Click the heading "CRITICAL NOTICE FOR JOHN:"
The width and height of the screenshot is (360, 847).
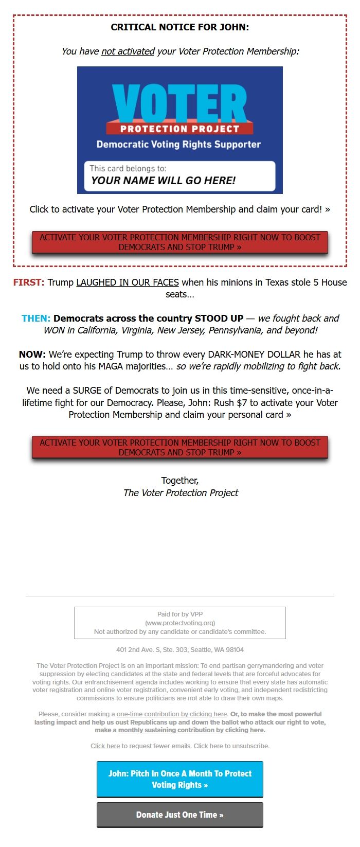click(x=180, y=27)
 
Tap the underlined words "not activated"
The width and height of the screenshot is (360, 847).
click(x=128, y=51)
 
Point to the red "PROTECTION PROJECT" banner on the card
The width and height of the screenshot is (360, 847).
click(x=179, y=129)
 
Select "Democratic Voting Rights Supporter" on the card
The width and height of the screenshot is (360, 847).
click(x=178, y=145)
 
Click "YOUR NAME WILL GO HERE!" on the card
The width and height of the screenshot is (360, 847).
click(x=163, y=181)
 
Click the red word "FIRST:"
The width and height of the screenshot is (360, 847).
click(x=29, y=283)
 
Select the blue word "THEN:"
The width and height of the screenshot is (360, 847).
click(x=36, y=319)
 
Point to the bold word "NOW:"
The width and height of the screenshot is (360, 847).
click(x=32, y=355)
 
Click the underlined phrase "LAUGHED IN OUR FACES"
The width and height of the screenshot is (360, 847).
click(x=128, y=283)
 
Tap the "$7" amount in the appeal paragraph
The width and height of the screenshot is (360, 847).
click(x=242, y=403)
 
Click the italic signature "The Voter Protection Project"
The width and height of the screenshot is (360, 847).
click(x=181, y=493)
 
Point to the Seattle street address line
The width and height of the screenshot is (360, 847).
click(x=180, y=650)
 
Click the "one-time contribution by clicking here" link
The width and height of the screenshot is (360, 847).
click(x=172, y=714)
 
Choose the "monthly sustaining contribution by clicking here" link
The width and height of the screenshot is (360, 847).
click(x=191, y=730)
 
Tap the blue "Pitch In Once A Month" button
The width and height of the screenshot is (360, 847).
click(x=180, y=779)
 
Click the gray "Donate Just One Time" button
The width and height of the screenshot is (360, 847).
click(x=180, y=815)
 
